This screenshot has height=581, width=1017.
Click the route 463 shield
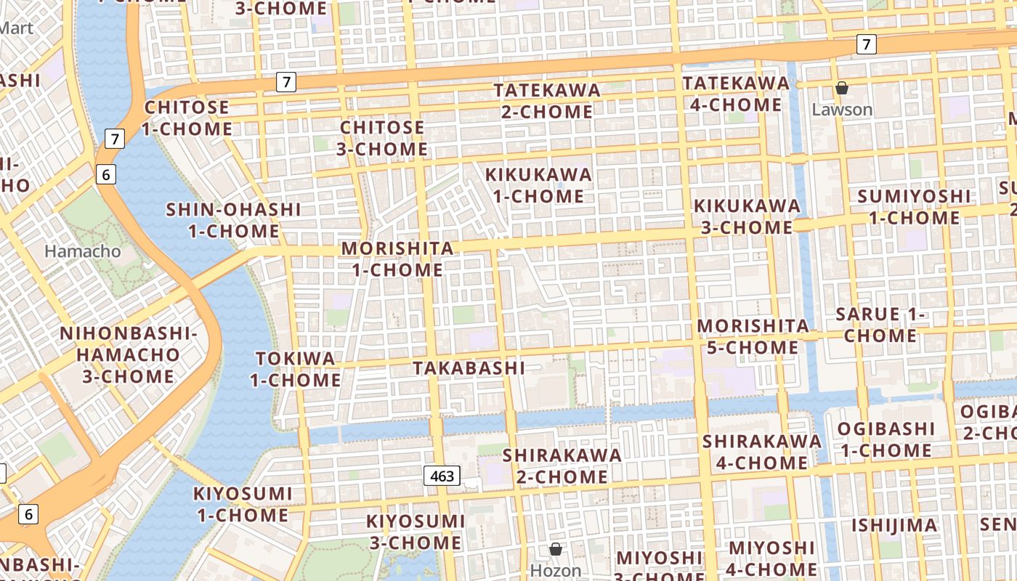pyautogui.click(x=442, y=476)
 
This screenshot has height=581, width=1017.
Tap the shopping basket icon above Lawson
pyautogui.click(x=842, y=88)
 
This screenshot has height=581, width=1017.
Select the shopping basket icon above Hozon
pyautogui.click(x=556, y=548)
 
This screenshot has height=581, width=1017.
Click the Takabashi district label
pyautogui.click(x=469, y=368)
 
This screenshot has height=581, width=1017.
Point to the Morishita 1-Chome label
pyautogui.click(x=397, y=259)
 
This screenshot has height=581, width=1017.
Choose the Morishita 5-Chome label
pyautogui.click(x=753, y=336)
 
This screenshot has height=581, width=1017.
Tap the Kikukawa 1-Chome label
pyautogui.click(x=538, y=185)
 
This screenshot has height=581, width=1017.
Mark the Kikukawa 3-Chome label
pyautogui.click(x=747, y=216)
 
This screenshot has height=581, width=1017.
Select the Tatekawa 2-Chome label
pyautogui.click(x=547, y=101)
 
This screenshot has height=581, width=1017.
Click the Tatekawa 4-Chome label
pyautogui.click(x=736, y=94)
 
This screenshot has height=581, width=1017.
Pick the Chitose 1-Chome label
pyautogui.click(x=187, y=118)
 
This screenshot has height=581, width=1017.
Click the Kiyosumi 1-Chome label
pyautogui.click(x=241, y=504)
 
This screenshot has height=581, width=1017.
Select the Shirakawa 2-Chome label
pyautogui.click(x=562, y=466)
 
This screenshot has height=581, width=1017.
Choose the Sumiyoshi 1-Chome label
pyautogui.click(x=913, y=207)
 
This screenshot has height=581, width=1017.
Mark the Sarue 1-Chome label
pyautogui.click(x=880, y=325)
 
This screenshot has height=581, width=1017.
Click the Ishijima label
pyautogui.click(x=894, y=525)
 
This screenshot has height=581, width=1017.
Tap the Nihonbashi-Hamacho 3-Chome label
pyautogui.click(x=128, y=355)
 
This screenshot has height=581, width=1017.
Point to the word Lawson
pyautogui.click(x=842, y=110)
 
